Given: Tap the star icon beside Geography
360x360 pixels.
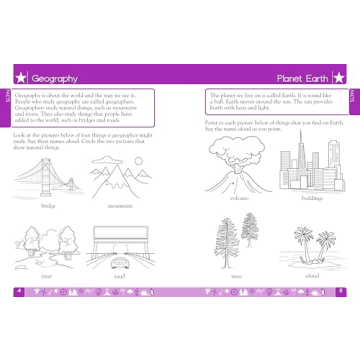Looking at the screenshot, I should pos(18,77).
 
